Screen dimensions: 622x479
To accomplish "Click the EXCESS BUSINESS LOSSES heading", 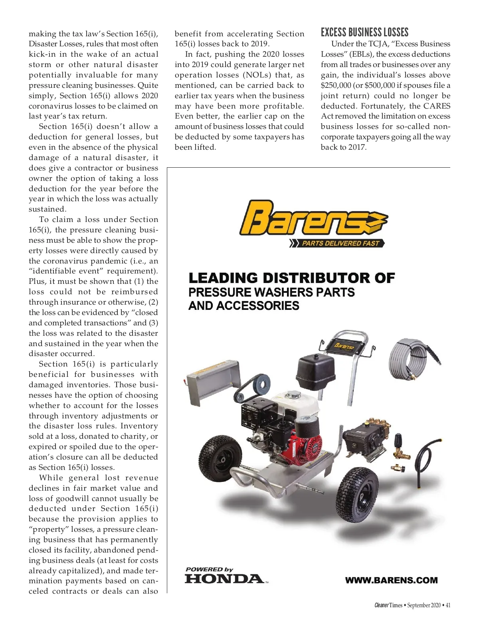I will click(364, 32).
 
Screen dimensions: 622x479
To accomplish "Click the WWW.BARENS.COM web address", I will click(391, 580).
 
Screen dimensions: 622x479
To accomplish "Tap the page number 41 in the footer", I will click(448, 605).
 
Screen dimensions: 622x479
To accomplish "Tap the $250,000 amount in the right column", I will click(336, 85).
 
